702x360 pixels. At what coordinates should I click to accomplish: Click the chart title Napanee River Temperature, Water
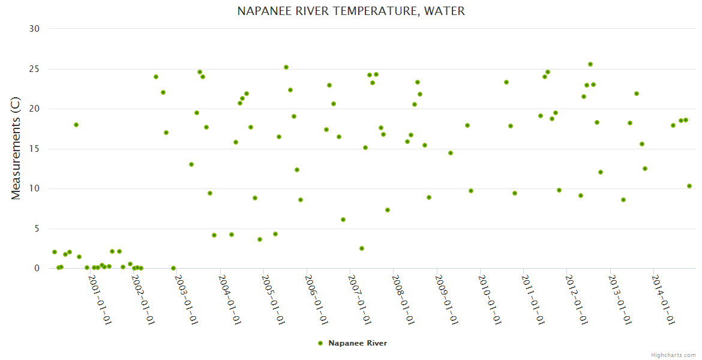[x=351, y=11]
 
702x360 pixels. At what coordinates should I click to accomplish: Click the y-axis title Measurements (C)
[x=16, y=149]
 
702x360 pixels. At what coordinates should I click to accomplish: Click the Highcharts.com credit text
[x=673, y=355]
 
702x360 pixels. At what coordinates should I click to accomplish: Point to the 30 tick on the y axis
[x=35, y=29]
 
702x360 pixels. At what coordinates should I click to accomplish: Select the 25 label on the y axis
[x=35, y=69]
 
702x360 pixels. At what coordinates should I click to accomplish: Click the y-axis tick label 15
[x=35, y=149]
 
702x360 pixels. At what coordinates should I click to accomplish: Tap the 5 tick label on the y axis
[x=37, y=229]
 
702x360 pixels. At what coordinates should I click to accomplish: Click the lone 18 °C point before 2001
[x=76, y=125]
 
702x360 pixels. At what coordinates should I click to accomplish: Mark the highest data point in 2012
[x=590, y=64]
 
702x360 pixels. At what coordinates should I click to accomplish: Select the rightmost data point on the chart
[x=689, y=186]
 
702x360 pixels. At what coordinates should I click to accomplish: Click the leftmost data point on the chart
[x=55, y=252]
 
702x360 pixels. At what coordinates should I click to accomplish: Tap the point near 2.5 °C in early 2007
[x=362, y=248]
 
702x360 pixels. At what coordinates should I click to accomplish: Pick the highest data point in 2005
[x=286, y=67]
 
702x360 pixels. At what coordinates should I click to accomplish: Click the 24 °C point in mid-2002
[x=156, y=77]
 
